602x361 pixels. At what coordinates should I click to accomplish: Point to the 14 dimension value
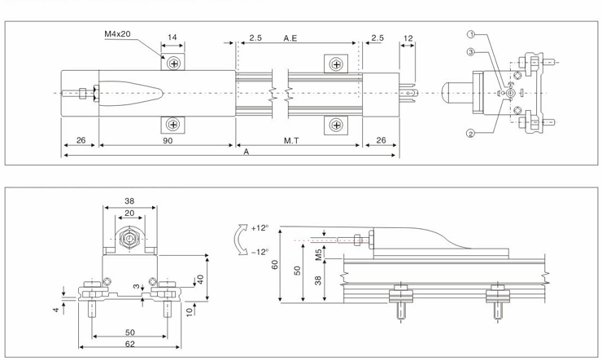tap(172, 37)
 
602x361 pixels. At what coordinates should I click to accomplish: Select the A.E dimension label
tap(290, 37)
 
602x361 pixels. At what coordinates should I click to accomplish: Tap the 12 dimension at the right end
tap(408, 37)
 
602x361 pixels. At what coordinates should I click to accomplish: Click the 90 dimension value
tap(167, 141)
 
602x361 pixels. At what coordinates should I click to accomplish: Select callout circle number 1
tap(470, 35)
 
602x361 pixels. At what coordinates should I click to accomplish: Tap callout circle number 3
tap(470, 52)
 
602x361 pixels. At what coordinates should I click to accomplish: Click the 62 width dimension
tap(130, 346)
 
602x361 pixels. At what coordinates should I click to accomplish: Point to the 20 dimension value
tap(129, 213)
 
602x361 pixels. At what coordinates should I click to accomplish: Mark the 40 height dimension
tap(199, 280)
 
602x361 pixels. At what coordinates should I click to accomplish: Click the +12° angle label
tap(260, 227)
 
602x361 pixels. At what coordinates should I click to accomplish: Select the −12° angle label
tap(260, 252)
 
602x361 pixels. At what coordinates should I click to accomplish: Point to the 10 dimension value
tap(190, 310)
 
